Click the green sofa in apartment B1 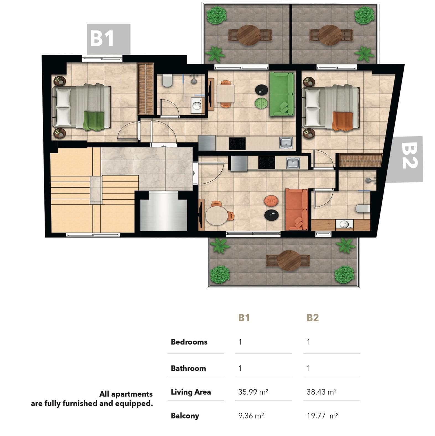pyautogui.click(x=282, y=94)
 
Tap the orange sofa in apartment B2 pyautogui.click(x=297, y=210)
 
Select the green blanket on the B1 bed pyautogui.click(x=94, y=121)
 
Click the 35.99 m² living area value pyautogui.click(x=253, y=392)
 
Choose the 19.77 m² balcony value pyautogui.click(x=322, y=416)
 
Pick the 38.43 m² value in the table pyautogui.click(x=322, y=392)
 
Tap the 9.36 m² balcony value pyautogui.click(x=251, y=416)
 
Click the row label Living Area pyautogui.click(x=191, y=392)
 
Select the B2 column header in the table pyautogui.click(x=313, y=318)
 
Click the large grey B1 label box pyautogui.click(x=108, y=39)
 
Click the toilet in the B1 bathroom pyautogui.click(x=167, y=81)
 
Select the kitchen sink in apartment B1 pyautogui.click(x=286, y=143)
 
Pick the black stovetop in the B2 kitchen pyautogui.click(x=267, y=163)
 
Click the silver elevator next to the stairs pyautogui.click(x=164, y=212)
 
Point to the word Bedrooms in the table pyautogui.click(x=189, y=342)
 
